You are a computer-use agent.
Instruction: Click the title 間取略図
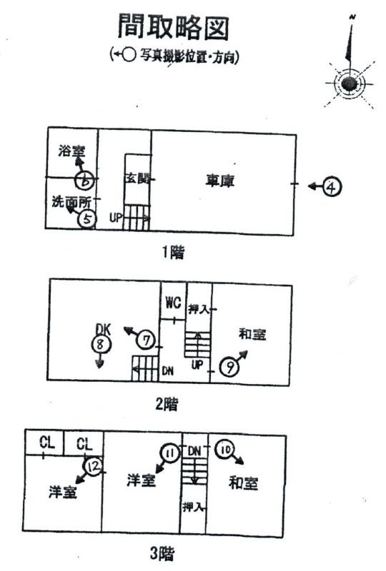173,26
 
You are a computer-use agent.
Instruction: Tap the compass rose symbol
349,83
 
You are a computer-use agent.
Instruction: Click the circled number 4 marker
332,187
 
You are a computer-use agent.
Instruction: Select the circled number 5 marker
87,219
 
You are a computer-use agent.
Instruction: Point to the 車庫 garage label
219,181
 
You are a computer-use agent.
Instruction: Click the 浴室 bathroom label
71,151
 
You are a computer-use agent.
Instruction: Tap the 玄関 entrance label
138,179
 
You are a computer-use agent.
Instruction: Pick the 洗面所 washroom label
71,201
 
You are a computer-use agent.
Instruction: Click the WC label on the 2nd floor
173,302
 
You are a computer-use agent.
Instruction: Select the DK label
103,329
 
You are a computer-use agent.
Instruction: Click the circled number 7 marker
147,340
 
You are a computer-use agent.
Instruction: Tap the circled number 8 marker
100,344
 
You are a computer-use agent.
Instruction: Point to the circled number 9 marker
229,368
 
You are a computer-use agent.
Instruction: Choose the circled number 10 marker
224,450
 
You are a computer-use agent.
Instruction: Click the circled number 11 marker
169,453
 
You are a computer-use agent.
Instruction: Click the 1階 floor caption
173,253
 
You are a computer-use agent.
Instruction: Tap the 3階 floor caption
162,554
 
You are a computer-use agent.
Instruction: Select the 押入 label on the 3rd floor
193,507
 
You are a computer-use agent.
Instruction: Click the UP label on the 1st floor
116,218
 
